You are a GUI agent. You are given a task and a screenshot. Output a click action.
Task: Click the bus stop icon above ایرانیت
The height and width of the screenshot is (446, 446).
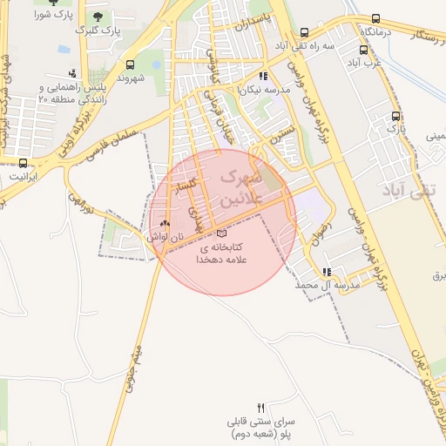[x=24, y=162]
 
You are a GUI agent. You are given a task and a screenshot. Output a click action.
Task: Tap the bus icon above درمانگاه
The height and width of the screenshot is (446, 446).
[x=375, y=18]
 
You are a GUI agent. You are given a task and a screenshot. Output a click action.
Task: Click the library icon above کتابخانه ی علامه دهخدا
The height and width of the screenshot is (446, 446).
[x=221, y=233]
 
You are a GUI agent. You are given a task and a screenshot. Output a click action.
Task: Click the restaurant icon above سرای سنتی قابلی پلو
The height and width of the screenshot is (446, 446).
[x=261, y=408]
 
